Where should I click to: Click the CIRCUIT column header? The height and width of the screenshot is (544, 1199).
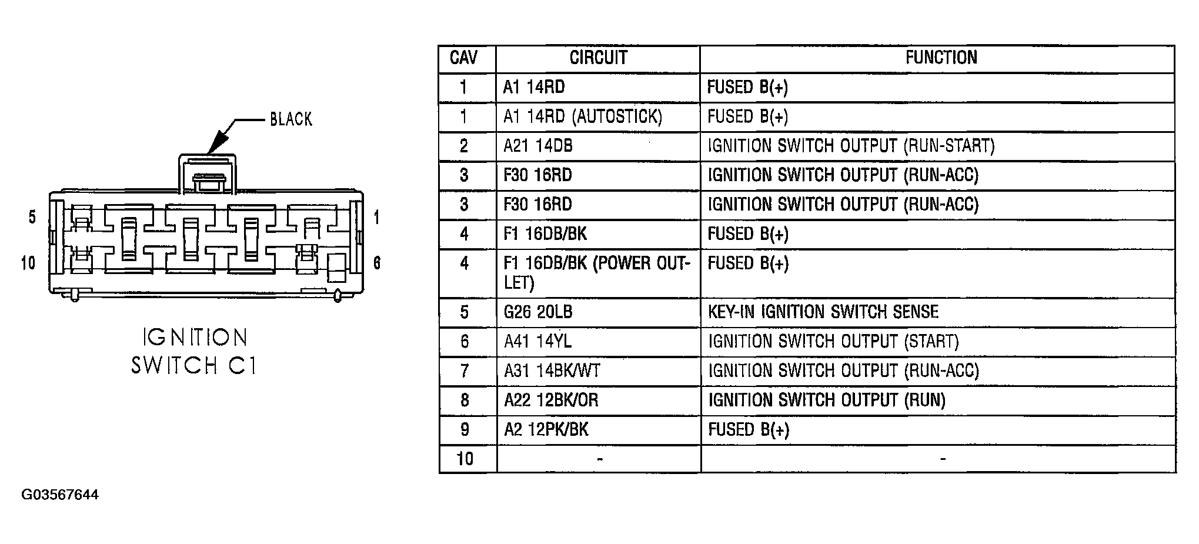598,58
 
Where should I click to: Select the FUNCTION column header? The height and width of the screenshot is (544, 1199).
941,57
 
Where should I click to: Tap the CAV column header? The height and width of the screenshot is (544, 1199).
463,58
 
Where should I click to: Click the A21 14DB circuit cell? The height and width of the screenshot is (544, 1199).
537,146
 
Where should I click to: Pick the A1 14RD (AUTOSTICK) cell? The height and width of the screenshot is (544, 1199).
583,116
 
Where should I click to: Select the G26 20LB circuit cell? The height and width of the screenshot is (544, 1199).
537,312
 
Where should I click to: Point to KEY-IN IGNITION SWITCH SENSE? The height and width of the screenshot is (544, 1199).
823,312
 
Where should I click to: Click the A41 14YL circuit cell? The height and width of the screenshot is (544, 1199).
537,341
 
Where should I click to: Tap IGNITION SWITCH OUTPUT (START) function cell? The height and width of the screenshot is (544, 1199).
833,341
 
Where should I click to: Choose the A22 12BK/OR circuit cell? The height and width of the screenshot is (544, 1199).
551,400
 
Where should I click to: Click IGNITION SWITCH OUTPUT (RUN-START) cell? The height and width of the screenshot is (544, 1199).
851,146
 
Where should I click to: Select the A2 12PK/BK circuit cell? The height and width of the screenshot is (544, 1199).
546,429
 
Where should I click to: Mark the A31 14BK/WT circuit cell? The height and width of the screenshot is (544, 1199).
552,371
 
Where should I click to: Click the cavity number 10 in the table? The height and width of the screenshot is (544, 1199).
465,459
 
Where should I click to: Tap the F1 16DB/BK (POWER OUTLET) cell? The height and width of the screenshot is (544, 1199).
596,273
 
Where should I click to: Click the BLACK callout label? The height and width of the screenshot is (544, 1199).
290,119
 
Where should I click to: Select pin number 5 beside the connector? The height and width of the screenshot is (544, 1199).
32,217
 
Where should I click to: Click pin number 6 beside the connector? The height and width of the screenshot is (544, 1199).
377,263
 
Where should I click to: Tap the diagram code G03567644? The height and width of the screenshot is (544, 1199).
60,495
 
